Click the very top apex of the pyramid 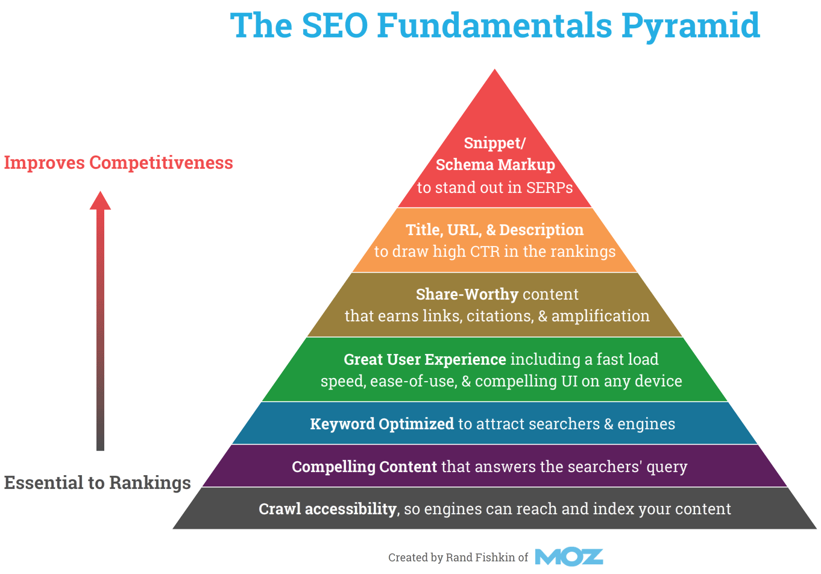coord(495,69)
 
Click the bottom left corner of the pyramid coord(172,529)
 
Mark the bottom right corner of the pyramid coord(817,529)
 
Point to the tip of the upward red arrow coord(100,191)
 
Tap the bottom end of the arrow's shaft coord(100,450)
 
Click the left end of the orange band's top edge coord(398,208)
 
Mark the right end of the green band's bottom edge coord(728,401)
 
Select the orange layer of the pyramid coord(495,240)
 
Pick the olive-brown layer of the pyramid coord(495,304)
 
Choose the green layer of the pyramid coord(495,369)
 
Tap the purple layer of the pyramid coord(495,466)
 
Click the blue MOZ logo coord(569,557)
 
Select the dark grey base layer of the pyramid coord(495,508)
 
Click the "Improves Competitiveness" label coord(118,163)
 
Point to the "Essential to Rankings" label coord(97,482)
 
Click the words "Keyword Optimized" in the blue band coord(382,424)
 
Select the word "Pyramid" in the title coord(691,27)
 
